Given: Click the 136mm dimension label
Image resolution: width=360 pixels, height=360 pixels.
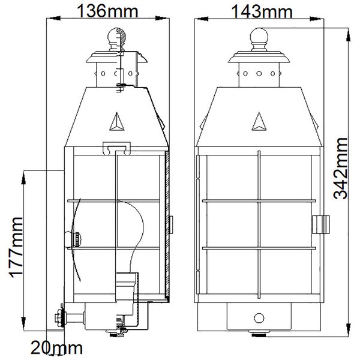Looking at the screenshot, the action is [x=107, y=11].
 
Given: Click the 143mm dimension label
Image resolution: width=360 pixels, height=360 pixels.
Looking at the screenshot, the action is [x=262, y=11].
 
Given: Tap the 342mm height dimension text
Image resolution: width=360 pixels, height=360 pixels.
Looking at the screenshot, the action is [x=340, y=168].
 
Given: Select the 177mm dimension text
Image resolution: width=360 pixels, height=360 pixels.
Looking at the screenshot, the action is [x=16, y=247].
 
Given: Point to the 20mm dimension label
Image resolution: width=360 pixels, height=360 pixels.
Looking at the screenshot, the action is [x=57, y=347].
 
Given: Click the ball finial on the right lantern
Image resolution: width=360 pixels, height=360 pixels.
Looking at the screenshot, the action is [x=259, y=35].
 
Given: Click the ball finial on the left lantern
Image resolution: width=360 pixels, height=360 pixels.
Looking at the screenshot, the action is [x=116, y=35].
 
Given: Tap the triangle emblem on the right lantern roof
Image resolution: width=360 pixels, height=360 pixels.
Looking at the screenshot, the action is [x=259, y=122].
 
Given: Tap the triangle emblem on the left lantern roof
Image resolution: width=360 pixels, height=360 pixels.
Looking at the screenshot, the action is [x=117, y=122].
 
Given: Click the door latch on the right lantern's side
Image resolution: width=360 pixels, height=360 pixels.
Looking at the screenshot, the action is [x=321, y=224].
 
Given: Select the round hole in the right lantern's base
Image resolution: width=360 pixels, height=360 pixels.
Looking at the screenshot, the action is [x=259, y=318].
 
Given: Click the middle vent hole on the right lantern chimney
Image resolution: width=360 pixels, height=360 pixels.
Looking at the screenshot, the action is [x=259, y=74].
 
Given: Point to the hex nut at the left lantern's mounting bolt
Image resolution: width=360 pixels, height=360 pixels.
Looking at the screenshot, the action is [x=59, y=318].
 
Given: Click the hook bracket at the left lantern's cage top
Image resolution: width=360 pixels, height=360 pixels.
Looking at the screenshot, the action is [x=116, y=148].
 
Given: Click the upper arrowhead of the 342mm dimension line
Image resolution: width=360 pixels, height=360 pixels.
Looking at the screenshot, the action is [x=348, y=35].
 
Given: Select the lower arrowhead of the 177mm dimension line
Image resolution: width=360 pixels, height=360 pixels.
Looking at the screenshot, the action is [x=23, y=324].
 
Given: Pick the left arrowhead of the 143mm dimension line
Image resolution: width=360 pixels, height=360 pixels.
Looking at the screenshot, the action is [x=201, y=19].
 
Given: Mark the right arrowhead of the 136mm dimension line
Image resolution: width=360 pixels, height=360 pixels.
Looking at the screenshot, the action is [x=162, y=18].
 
